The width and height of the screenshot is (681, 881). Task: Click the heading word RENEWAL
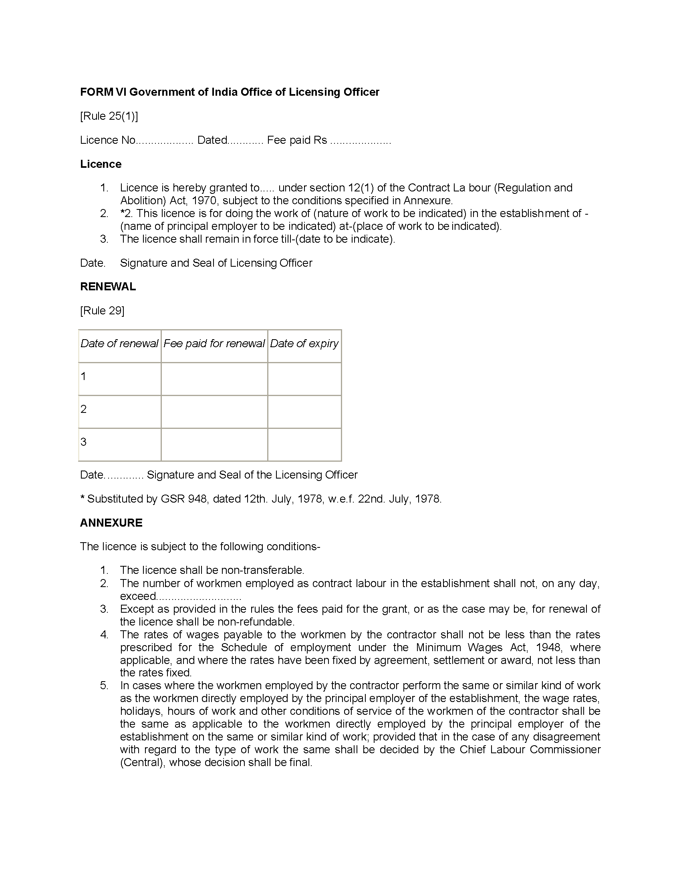[108, 287]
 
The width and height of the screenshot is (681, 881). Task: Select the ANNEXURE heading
[111, 523]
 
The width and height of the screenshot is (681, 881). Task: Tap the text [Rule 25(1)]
[109, 116]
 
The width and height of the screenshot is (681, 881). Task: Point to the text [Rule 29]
[102, 311]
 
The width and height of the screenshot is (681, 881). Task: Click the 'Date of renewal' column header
[119, 343]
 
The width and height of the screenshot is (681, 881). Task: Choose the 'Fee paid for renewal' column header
[214, 343]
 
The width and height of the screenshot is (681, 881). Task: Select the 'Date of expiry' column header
[304, 343]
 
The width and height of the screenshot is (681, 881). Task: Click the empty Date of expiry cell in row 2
[304, 411]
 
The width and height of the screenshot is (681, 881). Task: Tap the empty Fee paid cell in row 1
[214, 379]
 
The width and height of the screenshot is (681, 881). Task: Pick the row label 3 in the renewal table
[83, 442]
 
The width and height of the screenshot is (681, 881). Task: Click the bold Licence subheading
[101, 164]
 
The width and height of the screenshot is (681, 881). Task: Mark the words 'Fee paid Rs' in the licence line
[297, 140]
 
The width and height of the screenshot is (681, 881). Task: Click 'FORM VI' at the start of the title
[103, 93]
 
